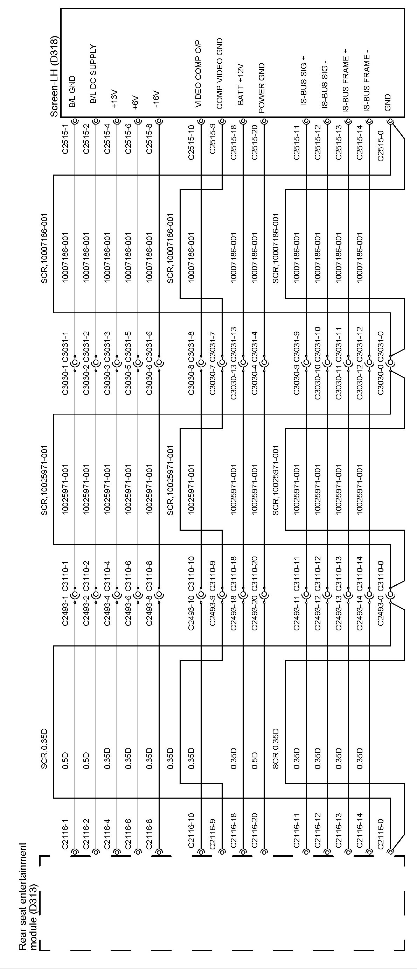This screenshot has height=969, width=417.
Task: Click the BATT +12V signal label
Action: (x=241, y=84)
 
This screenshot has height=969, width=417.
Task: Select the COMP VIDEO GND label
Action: (x=220, y=74)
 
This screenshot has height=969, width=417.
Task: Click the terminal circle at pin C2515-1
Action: (x=75, y=121)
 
